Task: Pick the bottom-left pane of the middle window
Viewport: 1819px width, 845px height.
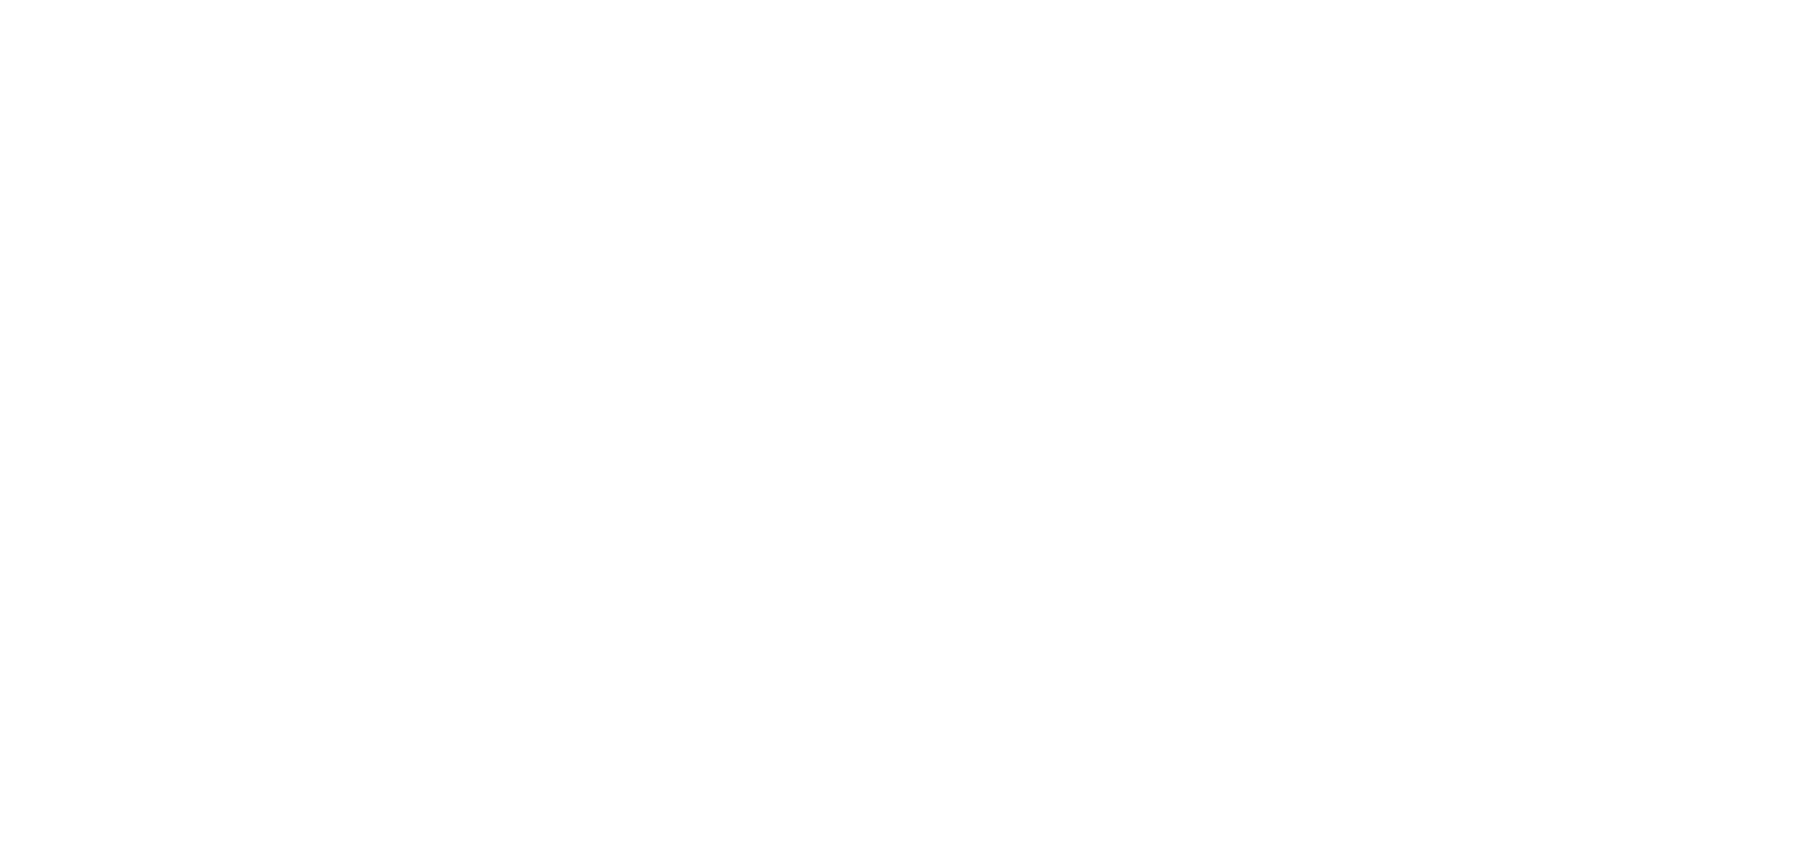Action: [1300, 441]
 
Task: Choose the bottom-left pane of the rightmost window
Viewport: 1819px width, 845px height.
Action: [1540, 441]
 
